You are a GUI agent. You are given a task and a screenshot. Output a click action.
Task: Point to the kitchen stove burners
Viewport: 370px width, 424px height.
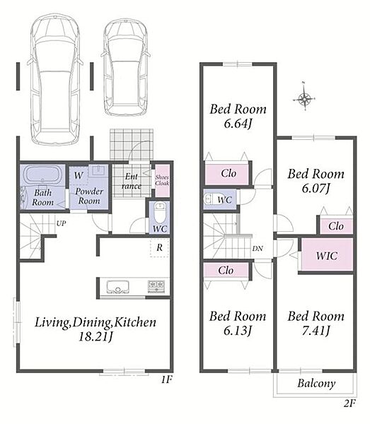[x=156, y=286]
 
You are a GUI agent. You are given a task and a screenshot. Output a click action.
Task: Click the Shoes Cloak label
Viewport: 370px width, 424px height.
[x=162, y=180]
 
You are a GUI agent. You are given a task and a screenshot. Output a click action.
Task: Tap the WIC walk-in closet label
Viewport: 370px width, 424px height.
[x=327, y=256]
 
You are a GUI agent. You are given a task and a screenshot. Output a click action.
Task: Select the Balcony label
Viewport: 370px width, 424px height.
[x=316, y=383]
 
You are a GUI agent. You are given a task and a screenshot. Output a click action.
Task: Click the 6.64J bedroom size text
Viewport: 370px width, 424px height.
[x=238, y=124]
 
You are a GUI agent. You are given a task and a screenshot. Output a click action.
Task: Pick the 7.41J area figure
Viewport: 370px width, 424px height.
[x=316, y=331]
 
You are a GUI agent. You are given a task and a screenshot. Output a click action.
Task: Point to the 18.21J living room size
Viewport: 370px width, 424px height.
[x=96, y=337]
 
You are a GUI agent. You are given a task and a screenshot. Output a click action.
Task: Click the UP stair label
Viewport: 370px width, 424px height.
[x=61, y=223]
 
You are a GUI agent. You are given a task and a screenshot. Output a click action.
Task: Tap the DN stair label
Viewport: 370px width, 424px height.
[x=258, y=248]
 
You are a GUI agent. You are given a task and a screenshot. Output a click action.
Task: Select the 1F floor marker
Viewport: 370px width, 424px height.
[x=167, y=379]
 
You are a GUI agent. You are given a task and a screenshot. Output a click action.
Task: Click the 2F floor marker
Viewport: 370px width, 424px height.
[x=349, y=404]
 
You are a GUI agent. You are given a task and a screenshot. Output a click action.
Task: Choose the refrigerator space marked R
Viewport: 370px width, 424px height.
[x=159, y=247]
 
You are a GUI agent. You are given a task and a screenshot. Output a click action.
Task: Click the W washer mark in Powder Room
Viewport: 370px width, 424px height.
[x=79, y=175]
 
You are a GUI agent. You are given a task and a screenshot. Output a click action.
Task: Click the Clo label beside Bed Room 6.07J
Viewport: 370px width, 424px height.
[x=336, y=226]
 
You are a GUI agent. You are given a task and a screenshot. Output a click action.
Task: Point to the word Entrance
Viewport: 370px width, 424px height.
[x=132, y=181]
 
